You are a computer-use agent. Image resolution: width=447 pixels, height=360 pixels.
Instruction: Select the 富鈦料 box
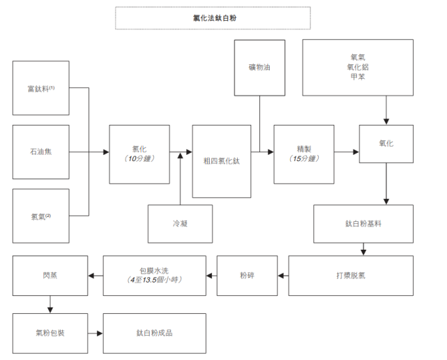coord(41,89)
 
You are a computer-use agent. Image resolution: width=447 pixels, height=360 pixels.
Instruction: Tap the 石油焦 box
coord(41,152)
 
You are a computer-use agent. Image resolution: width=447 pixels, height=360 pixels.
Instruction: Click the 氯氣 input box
coord(41,216)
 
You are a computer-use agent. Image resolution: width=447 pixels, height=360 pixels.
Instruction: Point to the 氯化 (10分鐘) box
coord(139,154)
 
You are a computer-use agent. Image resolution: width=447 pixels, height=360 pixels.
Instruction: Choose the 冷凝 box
coord(180,224)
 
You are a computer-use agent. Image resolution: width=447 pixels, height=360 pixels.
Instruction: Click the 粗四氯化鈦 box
coord(221,160)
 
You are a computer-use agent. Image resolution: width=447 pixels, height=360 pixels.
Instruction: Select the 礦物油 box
coord(260,68)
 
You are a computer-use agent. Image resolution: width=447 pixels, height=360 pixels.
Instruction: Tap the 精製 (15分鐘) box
coord(303,154)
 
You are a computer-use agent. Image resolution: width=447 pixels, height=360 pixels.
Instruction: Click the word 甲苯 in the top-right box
coord(358,76)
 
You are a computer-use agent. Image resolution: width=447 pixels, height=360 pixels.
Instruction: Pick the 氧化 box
coord(386,143)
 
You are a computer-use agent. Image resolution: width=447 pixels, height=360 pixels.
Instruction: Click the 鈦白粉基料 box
coord(363,223)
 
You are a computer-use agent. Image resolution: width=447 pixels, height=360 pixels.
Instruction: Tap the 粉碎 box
coord(246,275)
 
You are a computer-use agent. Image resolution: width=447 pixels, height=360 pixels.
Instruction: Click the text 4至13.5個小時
coord(155,280)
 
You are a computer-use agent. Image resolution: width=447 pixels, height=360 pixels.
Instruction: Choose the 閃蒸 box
coord(50,275)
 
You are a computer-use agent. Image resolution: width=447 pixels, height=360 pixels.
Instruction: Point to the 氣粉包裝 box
coord(50,333)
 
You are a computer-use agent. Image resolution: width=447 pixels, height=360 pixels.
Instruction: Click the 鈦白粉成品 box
coord(154,333)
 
